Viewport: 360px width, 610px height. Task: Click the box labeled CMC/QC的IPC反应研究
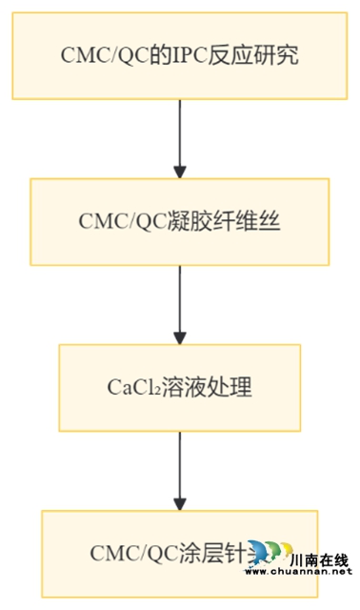(x=180, y=55)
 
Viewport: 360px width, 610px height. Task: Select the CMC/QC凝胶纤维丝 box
(x=180, y=221)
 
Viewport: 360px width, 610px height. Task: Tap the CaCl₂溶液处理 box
(x=180, y=387)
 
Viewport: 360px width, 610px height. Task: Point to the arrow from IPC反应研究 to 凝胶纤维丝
(x=180, y=137)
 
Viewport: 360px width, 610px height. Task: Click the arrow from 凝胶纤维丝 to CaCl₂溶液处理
(x=180, y=305)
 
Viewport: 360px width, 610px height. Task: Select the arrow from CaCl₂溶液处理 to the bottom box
(x=180, y=471)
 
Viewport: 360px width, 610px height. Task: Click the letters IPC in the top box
(x=190, y=56)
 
